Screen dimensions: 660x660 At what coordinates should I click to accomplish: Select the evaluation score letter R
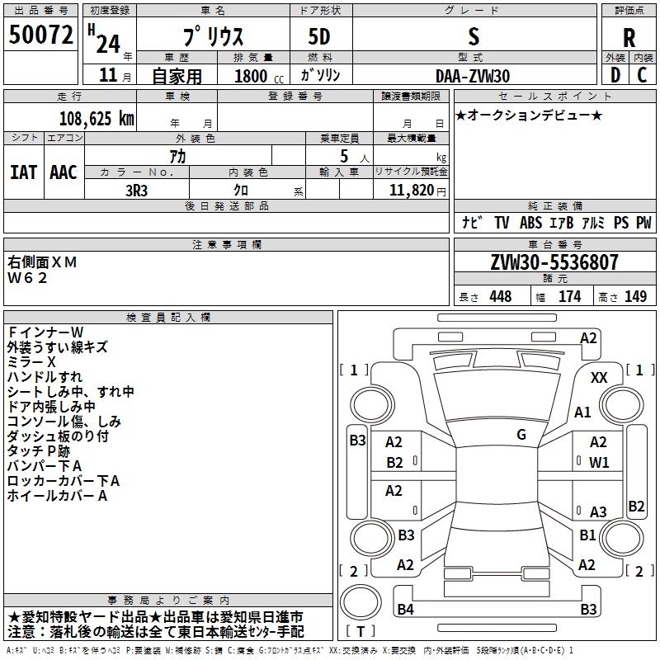[629, 38]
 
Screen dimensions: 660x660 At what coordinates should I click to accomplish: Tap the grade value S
[473, 37]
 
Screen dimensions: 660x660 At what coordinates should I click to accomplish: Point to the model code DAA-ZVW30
[473, 76]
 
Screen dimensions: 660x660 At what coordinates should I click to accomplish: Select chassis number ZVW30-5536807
[554, 262]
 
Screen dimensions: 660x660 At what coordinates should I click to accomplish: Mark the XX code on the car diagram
[599, 378]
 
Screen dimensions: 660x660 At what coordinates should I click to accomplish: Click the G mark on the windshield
[521, 434]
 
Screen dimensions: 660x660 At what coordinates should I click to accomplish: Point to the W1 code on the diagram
[598, 463]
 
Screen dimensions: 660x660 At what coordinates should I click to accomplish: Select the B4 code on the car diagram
[405, 610]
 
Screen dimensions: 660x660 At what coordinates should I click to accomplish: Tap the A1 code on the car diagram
[582, 412]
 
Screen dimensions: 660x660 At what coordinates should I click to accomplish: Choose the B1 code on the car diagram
[587, 535]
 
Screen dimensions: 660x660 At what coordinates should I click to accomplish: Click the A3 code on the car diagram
[597, 511]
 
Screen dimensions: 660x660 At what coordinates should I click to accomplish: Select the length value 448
[500, 297]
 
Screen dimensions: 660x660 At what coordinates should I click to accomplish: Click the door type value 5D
[319, 38]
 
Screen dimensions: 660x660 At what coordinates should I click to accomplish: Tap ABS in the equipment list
[530, 223]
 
